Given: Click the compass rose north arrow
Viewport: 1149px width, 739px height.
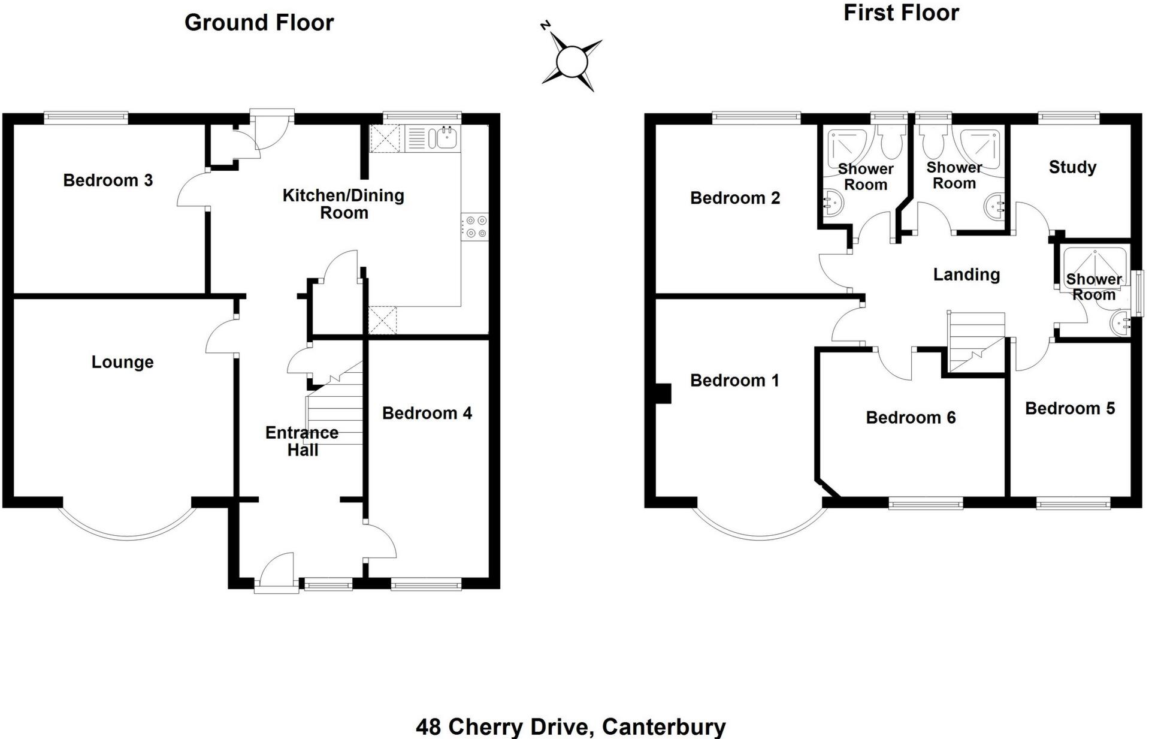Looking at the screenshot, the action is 572,60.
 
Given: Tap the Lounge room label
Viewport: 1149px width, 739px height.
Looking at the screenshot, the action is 122,362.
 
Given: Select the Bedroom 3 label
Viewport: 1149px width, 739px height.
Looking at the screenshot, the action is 108,180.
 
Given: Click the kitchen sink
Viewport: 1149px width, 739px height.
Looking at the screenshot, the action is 446,138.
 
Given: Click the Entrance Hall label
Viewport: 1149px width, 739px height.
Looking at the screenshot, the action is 302,441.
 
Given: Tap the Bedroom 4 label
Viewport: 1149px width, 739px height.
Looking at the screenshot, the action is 427,413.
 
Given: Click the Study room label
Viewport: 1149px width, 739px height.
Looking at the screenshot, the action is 1072,167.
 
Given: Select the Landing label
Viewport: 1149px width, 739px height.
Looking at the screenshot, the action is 966,275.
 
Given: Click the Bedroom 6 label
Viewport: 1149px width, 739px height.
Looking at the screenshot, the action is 911,418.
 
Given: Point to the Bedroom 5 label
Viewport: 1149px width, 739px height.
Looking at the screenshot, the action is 1070,409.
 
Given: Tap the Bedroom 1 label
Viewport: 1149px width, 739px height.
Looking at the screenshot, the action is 734,381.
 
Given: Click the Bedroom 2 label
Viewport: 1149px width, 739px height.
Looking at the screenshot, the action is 735,198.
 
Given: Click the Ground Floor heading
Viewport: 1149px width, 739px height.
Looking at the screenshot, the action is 259,23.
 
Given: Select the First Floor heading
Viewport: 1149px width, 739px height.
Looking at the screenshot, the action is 901,13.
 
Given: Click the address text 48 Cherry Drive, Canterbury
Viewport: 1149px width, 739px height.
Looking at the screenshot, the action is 570,727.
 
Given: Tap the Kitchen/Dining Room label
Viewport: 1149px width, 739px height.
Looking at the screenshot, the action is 343,204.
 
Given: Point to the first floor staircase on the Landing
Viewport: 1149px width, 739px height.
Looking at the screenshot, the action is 975,342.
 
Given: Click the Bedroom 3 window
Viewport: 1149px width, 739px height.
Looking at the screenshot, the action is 86,117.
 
